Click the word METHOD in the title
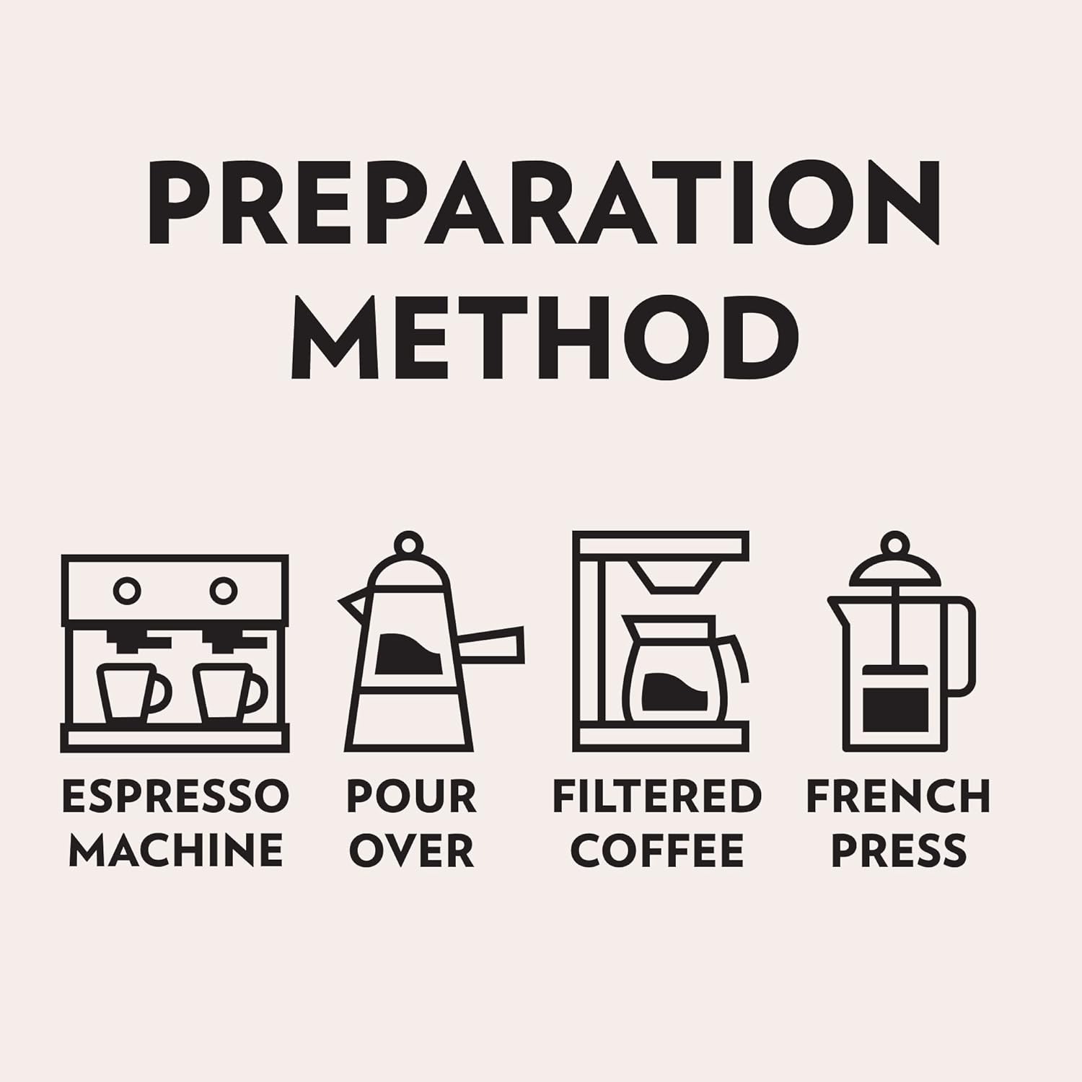pos(544,338)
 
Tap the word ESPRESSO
pos(175,796)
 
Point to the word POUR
pos(411,796)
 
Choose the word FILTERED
pos(657,796)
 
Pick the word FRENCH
pos(898,796)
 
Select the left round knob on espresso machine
pos(127,591)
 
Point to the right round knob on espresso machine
pos(224,591)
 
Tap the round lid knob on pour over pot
pos(408,545)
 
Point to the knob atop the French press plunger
pos(895,545)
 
